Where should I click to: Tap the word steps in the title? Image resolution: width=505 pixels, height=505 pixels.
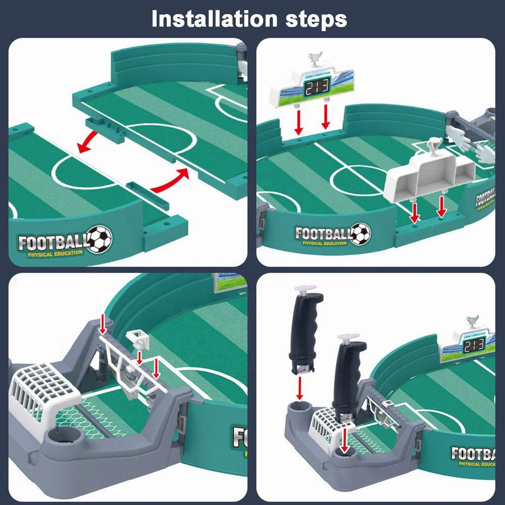coord(314,19)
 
